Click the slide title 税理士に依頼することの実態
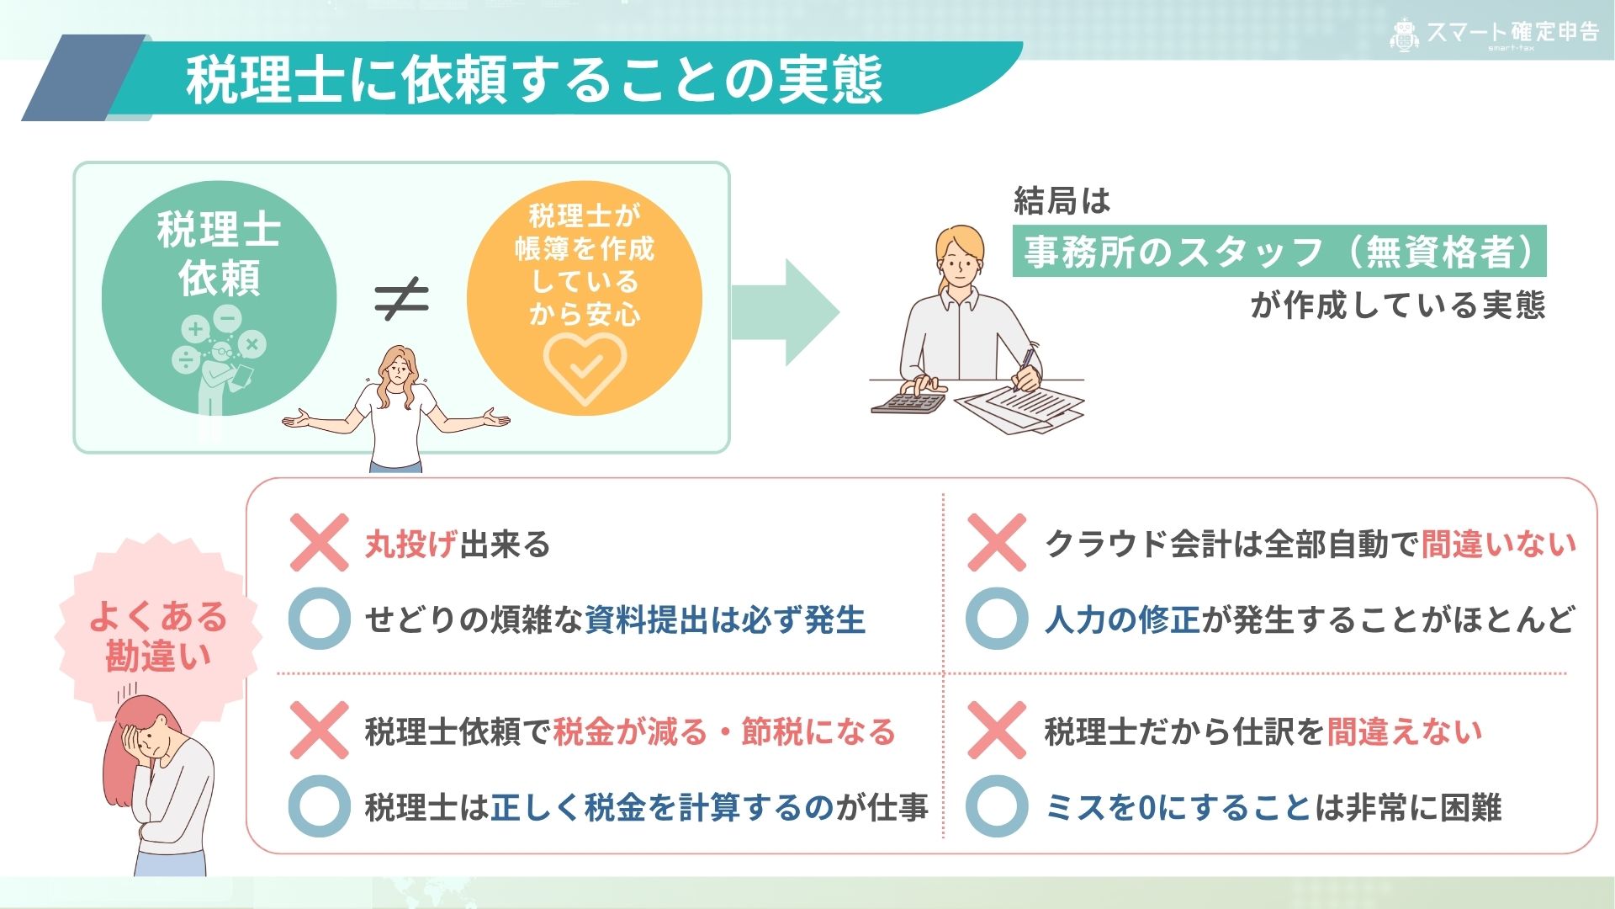534,80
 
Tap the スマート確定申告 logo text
1512,32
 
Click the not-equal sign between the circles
402,299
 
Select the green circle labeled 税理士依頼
220,298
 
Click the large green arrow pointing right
785,312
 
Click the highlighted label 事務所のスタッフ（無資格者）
1279,251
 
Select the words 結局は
1062,200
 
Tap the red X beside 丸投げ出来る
319,543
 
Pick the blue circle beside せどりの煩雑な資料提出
319,619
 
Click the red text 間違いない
1499,545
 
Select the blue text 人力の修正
1123,620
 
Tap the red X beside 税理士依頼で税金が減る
319,731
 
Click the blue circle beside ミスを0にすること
997,806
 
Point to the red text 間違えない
1405,732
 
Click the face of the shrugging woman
397,370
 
